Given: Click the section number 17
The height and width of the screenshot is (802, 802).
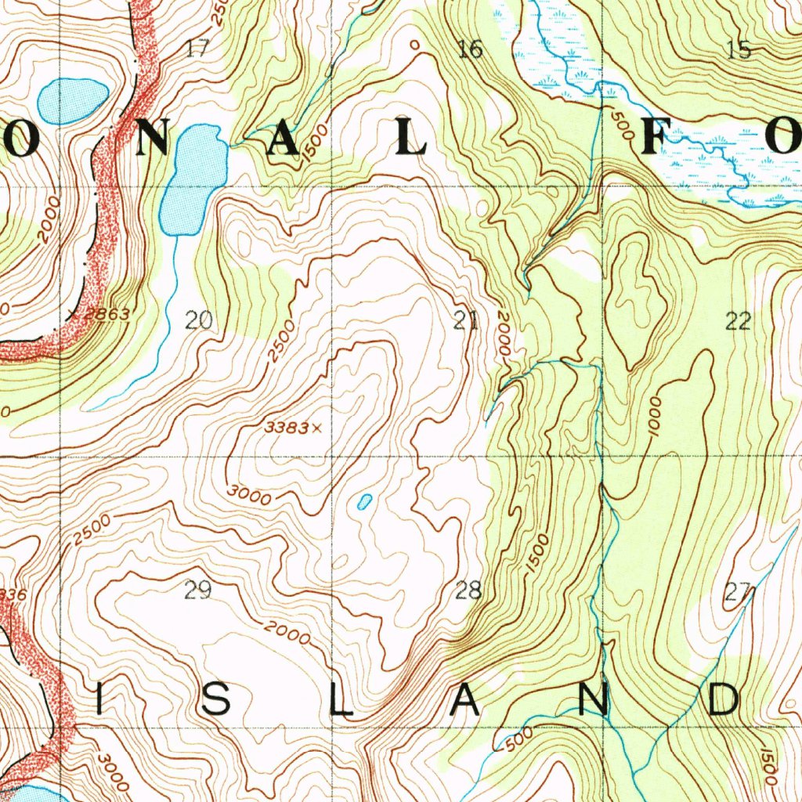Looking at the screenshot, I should (197, 49).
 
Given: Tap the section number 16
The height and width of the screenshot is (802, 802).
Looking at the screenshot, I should (470, 50).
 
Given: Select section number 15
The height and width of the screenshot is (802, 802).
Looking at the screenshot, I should (738, 50).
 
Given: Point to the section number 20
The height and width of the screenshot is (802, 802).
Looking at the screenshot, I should (198, 320).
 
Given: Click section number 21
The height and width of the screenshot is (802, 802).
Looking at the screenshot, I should (466, 320).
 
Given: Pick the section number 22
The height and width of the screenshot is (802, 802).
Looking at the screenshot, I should (738, 320).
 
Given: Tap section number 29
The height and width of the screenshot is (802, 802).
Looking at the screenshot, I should (197, 591).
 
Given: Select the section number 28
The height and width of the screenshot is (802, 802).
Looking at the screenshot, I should (468, 591).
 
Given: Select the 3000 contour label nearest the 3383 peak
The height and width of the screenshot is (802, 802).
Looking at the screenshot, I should (250, 496).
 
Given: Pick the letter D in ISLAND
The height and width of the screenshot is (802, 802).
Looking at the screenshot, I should (724, 699).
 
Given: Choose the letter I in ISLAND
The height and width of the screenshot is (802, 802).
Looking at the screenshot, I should (99, 699).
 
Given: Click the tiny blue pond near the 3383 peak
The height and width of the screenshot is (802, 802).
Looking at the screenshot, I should (364, 502).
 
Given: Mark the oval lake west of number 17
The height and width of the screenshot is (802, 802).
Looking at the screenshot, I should (72, 101).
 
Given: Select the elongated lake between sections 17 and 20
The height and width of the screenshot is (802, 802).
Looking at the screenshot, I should (191, 180).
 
